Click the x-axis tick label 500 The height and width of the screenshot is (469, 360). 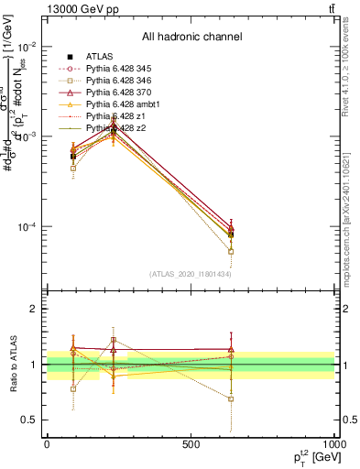191,442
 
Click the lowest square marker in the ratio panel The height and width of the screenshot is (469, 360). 231,399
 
